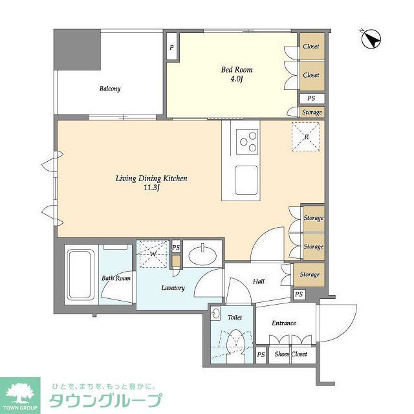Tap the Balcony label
109,89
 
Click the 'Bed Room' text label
237,69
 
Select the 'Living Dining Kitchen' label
151,179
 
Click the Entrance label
283,323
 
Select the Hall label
258,281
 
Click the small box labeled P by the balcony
171,47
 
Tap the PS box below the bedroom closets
311,98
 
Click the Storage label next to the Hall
309,274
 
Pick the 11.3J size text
151,188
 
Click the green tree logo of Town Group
19,392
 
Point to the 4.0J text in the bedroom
237,79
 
